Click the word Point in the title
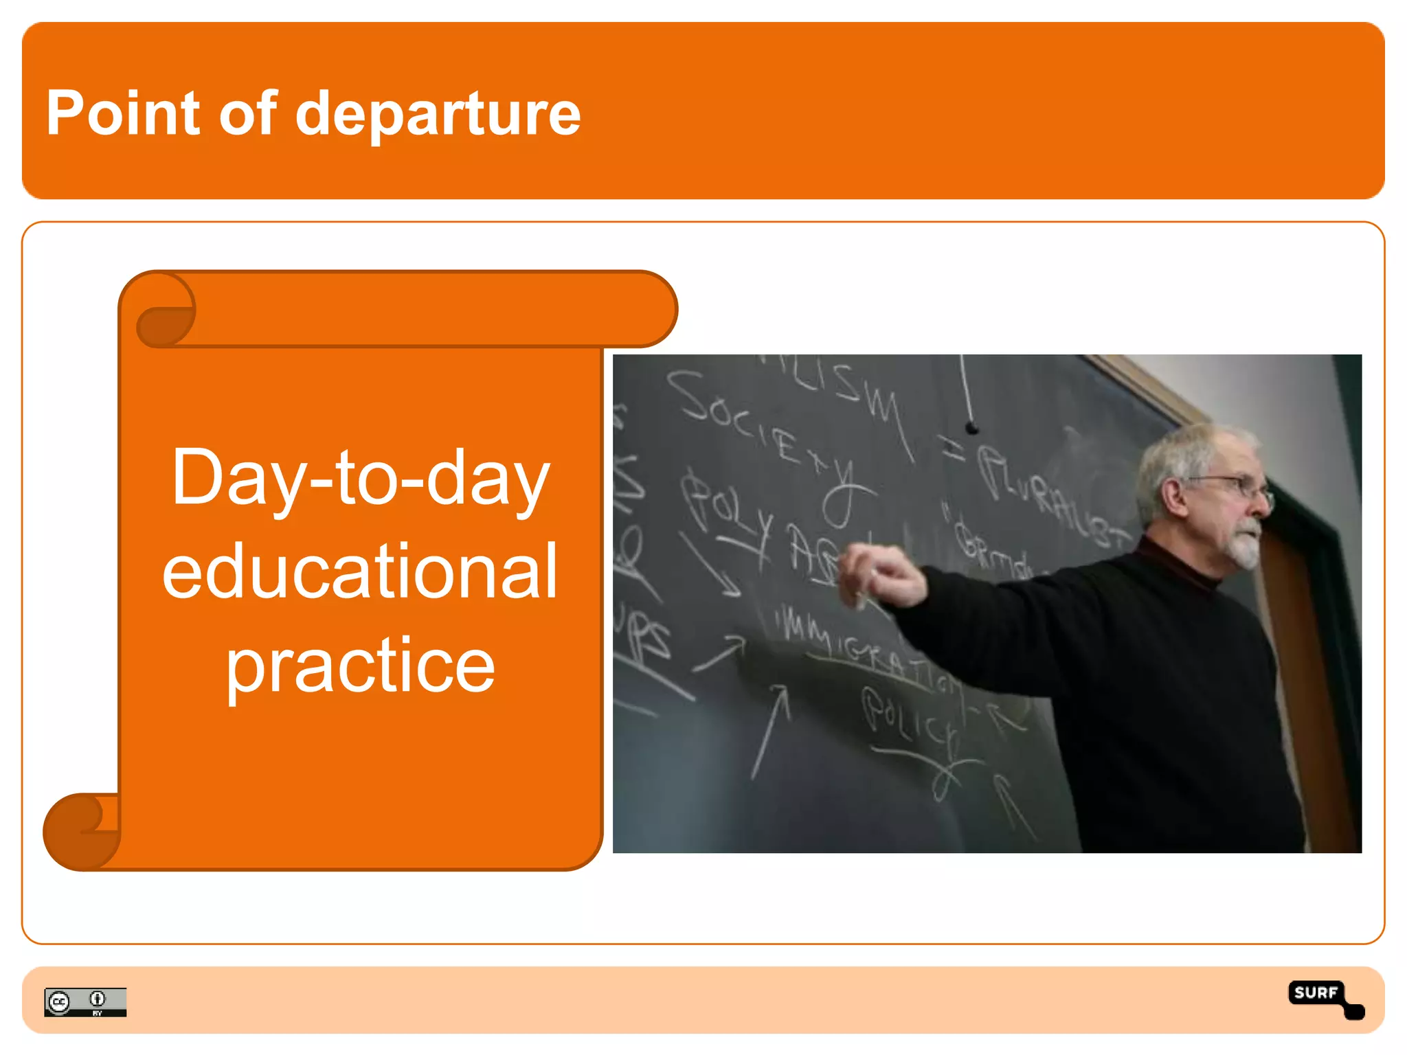(122, 113)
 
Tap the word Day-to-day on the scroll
(360, 478)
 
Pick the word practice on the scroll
(360, 665)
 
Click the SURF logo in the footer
(1324, 998)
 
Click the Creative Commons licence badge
(85, 1001)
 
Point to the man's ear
(1172, 498)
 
